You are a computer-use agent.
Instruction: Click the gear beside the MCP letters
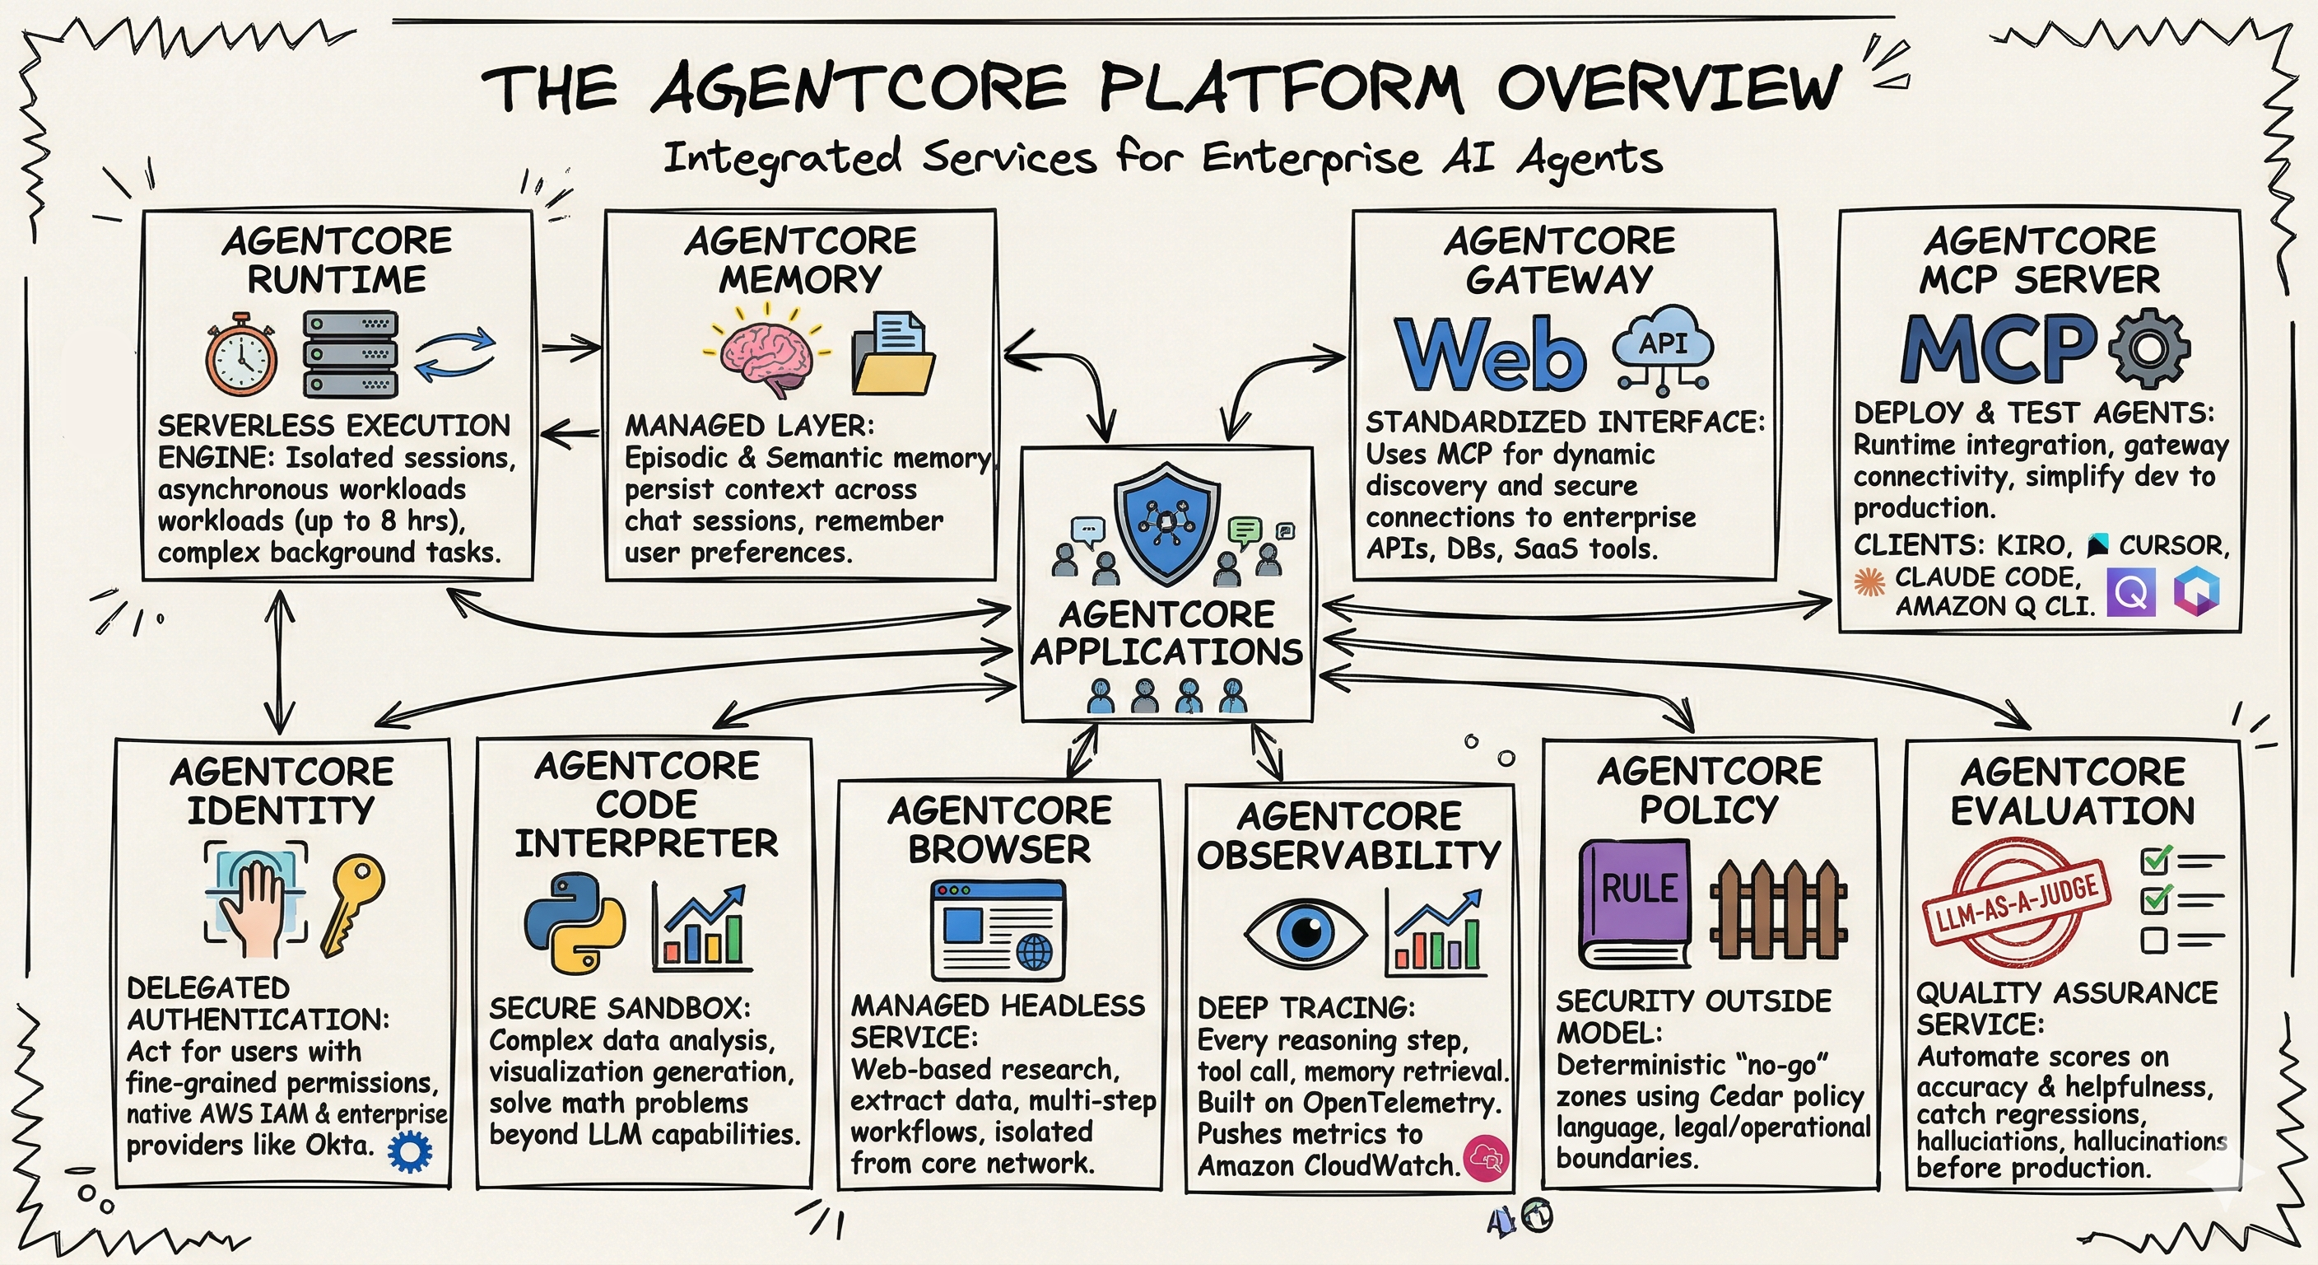[x=2148, y=348]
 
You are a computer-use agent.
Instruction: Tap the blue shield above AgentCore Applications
[x=1167, y=522]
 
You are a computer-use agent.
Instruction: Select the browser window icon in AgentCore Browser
[x=998, y=930]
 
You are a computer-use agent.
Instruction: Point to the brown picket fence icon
[x=1777, y=909]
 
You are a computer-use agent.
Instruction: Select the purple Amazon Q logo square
[x=2131, y=592]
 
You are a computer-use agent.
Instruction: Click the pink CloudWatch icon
[x=1486, y=1158]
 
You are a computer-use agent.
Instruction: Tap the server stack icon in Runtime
[x=349, y=355]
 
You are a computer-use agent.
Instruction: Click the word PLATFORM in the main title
[x=1282, y=87]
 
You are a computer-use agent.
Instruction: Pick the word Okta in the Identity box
[x=338, y=1146]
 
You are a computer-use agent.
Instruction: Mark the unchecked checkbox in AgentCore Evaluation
[x=2153, y=940]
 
